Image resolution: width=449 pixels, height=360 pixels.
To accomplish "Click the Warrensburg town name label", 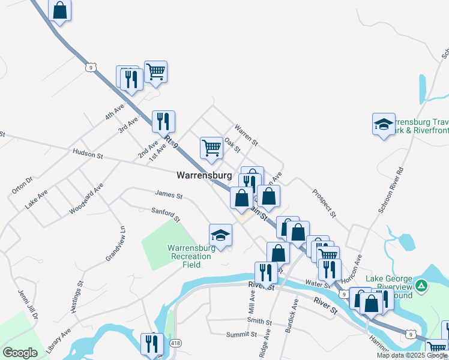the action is coord(204,176).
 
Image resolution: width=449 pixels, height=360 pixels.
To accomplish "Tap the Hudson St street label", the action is coord(88,154).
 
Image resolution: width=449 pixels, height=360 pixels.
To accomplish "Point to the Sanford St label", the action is coord(166,215).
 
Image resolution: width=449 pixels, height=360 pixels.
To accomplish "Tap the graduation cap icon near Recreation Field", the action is coord(220,236).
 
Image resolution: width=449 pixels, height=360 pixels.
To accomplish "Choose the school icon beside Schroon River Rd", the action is coord(384,124).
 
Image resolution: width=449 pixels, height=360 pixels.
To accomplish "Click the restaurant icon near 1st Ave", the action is coord(163,122).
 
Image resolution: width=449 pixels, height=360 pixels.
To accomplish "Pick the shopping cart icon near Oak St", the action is coord(211,147).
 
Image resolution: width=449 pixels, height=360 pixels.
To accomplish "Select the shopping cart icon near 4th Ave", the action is coord(155,72).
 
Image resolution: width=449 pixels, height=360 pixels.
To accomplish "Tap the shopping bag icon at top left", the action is coord(59,10).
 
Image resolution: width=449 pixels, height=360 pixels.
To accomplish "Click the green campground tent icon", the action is coord(421,286).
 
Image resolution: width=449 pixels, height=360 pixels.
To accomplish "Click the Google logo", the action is coord(20,353).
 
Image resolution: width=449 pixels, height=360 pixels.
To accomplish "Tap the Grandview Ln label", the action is coord(115,242).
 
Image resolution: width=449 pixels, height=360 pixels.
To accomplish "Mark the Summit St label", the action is coord(241,334).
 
